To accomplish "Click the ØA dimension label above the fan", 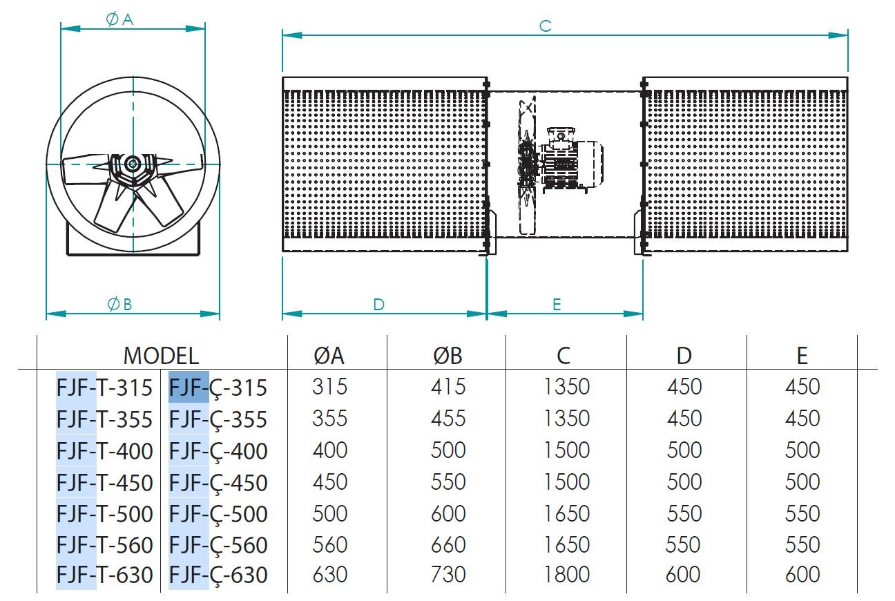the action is pyautogui.click(x=119, y=19).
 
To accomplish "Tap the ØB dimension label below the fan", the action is pyautogui.click(x=119, y=305).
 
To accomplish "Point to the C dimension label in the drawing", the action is pyautogui.click(x=545, y=26).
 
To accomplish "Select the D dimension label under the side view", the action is pyautogui.click(x=378, y=305).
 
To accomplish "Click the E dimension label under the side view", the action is pyautogui.click(x=557, y=305).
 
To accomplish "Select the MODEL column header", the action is pyautogui.click(x=161, y=356).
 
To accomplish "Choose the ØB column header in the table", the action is pyautogui.click(x=447, y=355).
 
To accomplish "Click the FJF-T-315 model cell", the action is pyautogui.click(x=104, y=388).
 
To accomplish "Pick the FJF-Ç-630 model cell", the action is pyautogui.click(x=218, y=575).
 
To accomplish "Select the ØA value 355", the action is pyautogui.click(x=329, y=419).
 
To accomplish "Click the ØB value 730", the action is pyautogui.click(x=448, y=575).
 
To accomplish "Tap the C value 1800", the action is pyautogui.click(x=566, y=575).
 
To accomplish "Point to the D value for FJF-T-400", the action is pyautogui.click(x=684, y=450).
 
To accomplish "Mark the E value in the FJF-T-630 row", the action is pyautogui.click(x=802, y=575).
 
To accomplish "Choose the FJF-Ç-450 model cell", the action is pyautogui.click(x=218, y=483).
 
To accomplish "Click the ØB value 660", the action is pyautogui.click(x=448, y=544).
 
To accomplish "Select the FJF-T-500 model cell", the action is pyautogui.click(x=104, y=514).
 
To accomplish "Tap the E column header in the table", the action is pyautogui.click(x=802, y=355).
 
